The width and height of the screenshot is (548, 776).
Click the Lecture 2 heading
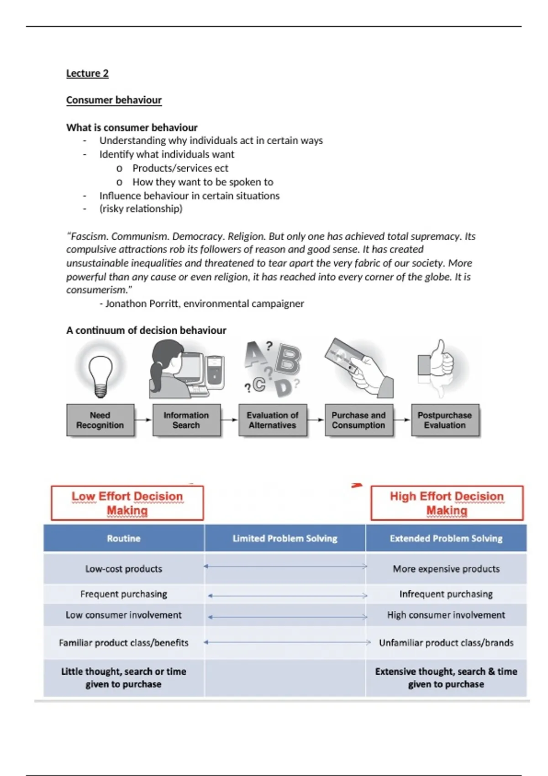[87, 73]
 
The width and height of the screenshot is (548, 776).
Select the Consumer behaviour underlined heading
[114, 100]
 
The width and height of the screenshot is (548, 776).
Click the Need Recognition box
[100, 420]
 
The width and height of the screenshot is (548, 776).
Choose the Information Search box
[186, 420]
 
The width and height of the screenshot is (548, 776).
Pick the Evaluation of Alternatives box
[273, 420]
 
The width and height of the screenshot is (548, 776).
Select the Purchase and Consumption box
[358, 420]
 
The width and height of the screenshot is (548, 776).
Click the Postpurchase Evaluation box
[445, 420]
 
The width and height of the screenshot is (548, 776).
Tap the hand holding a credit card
[361, 367]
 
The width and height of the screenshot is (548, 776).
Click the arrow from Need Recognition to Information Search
[143, 420]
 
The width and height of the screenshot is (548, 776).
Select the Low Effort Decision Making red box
[127, 503]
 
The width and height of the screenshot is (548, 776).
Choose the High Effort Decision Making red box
[447, 503]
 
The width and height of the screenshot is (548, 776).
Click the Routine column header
[124, 539]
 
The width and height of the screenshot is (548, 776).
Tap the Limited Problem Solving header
[285, 539]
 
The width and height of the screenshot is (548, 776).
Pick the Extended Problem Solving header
[446, 539]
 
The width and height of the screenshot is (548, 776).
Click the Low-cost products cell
[124, 569]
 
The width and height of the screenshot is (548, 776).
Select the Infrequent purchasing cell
[446, 594]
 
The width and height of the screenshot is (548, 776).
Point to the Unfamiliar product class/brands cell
[446, 643]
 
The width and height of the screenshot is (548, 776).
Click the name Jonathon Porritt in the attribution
[142, 304]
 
